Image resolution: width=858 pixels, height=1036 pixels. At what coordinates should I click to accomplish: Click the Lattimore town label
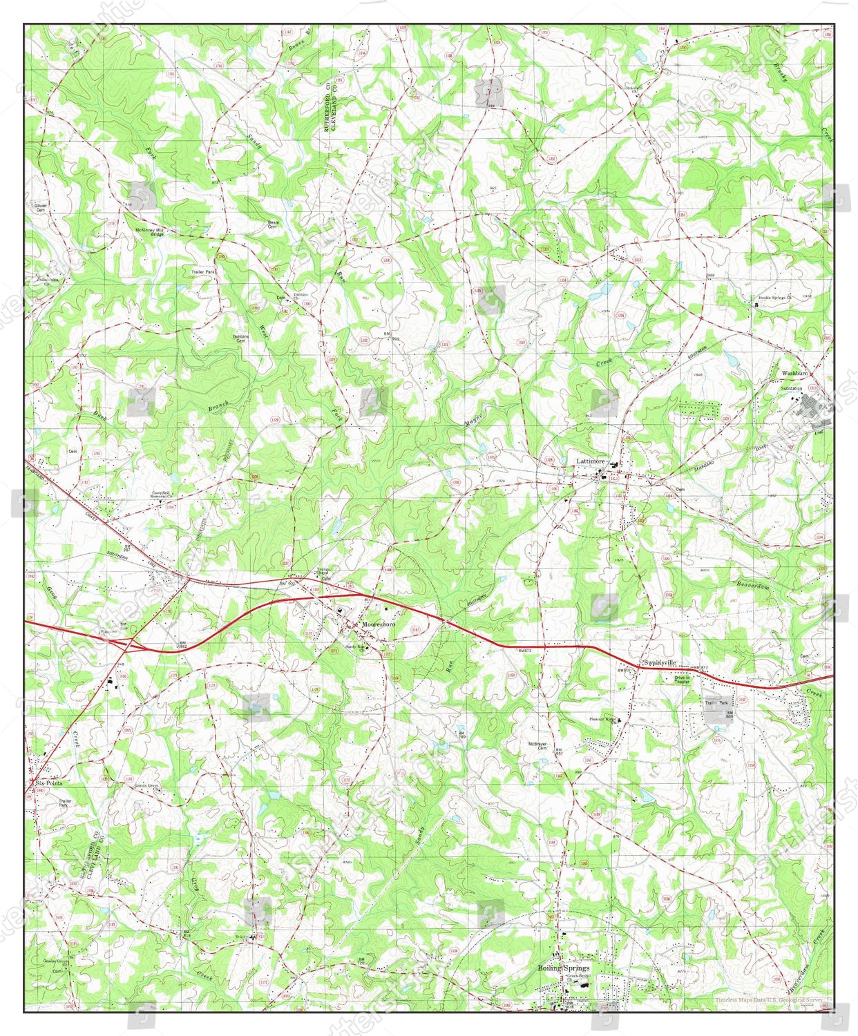coord(591,461)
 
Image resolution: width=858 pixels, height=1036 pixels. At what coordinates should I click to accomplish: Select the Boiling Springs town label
coord(564,968)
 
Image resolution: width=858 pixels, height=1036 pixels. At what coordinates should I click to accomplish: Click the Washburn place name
coord(794,373)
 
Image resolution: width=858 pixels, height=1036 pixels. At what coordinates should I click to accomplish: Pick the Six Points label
coord(48,784)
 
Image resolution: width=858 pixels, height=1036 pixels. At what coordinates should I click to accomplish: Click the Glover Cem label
coord(41,207)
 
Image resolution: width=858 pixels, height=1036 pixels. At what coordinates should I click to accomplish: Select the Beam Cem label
coord(274,224)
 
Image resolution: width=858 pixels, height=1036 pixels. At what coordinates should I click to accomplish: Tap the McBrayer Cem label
coord(537,745)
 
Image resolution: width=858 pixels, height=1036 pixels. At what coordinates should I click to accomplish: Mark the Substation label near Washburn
coord(792,389)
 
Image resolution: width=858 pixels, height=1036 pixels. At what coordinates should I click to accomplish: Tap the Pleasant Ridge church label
coord(602,719)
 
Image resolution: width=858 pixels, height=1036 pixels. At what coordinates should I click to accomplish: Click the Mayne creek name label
coord(473,416)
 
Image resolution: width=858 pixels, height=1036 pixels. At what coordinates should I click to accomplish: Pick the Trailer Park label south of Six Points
coord(64,803)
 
